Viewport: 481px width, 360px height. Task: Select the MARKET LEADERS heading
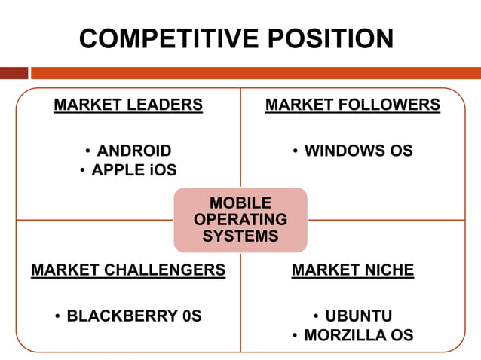pyautogui.click(x=128, y=105)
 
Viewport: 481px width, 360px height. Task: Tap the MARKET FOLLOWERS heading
pyautogui.click(x=353, y=105)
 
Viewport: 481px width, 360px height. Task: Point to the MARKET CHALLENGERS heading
pyautogui.click(x=128, y=270)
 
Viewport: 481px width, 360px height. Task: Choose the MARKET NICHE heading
pyautogui.click(x=353, y=270)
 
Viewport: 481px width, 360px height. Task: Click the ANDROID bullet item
pyautogui.click(x=134, y=151)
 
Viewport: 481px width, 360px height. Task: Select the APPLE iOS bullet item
pyautogui.click(x=134, y=170)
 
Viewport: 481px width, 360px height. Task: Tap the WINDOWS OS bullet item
pyautogui.click(x=358, y=151)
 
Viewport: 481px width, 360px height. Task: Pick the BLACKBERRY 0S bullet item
pyautogui.click(x=134, y=316)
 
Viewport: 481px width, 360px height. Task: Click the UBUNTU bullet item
pyautogui.click(x=358, y=316)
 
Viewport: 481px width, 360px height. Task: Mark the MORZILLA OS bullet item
pyautogui.click(x=358, y=335)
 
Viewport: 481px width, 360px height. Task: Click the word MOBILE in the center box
pyautogui.click(x=240, y=203)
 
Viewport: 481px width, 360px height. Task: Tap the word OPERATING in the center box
pyautogui.click(x=240, y=220)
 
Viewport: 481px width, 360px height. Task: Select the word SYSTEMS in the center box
pyautogui.click(x=240, y=236)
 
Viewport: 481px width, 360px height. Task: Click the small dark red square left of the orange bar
pyautogui.click(x=14, y=73)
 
